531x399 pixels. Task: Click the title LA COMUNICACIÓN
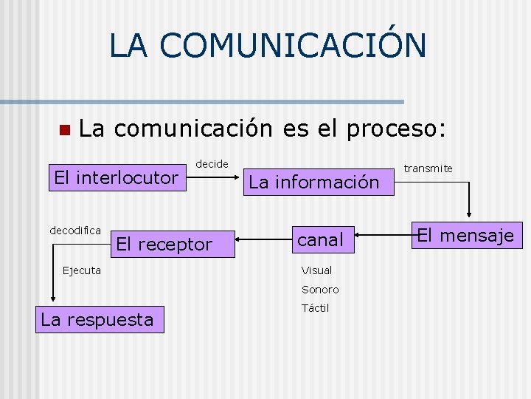tap(267, 45)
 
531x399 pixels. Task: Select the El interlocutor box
tap(117, 177)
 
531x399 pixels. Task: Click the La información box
tap(313, 182)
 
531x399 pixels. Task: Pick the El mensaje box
tap(465, 236)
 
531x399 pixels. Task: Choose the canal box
tap(320, 239)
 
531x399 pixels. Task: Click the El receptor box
tap(164, 244)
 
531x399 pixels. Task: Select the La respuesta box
tap(97, 320)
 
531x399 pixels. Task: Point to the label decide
tap(212, 164)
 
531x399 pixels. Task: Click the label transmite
tap(428, 169)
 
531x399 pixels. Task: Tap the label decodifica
tap(75, 231)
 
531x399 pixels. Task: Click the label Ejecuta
tap(82, 270)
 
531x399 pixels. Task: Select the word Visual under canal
tap(316, 270)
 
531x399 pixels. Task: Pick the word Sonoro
tap(320, 290)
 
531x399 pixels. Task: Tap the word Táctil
tap(315, 308)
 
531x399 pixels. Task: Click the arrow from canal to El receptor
tap(263, 239)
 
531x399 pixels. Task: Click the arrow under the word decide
tap(215, 178)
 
